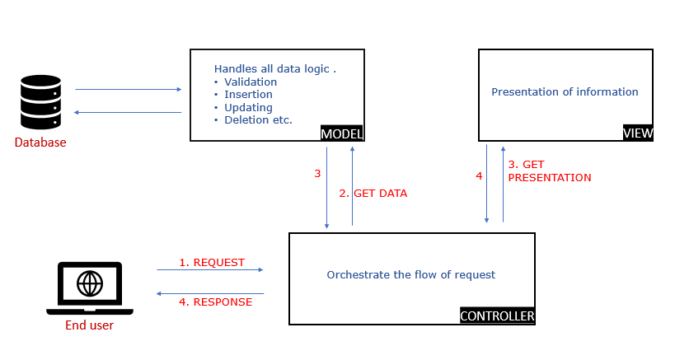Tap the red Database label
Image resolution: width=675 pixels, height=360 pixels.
point(40,143)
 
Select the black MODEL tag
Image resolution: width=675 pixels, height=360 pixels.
point(341,134)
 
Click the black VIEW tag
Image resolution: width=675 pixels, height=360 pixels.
point(638,134)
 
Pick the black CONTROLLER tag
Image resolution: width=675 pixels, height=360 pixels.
point(497,316)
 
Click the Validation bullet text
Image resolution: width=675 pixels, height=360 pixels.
point(251,82)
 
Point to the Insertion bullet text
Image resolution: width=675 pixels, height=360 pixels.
point(248,95)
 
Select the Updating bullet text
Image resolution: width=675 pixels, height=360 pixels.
point(248,107)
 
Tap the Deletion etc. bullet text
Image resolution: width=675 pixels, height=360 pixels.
point(258,120)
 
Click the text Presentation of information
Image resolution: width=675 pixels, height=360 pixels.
point(565,91)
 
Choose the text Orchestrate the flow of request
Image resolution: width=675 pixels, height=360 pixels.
point(410,274)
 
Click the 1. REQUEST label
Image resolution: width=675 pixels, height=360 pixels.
point(212,263)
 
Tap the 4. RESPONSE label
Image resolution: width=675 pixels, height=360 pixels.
point(215,302)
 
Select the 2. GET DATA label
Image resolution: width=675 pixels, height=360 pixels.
point(373,194)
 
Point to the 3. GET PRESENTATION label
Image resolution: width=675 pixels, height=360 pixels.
point(549,171)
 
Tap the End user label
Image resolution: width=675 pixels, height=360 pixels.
point(89,325)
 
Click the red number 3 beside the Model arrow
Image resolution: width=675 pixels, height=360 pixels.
point(317,174)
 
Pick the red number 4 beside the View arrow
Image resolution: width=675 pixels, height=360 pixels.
point(478,175)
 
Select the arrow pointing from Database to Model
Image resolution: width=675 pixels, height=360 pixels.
point(128,89)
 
